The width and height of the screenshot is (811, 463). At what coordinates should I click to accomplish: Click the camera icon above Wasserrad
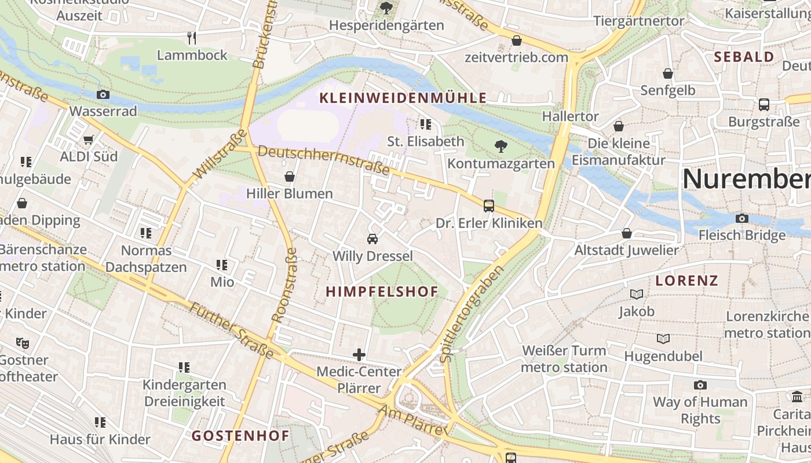pyautogui.click(x=103, y=94)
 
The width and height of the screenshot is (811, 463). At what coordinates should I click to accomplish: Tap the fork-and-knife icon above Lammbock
pyautogui.click(x=192, y=38)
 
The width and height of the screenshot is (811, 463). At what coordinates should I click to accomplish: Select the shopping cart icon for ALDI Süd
pyautogui.click(x=89, y=139)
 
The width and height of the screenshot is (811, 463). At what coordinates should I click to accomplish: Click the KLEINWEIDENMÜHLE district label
pyautogui.click(x=403, y=98)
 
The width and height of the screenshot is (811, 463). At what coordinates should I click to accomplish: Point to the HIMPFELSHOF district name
pyautogui.click(x=382, y=292)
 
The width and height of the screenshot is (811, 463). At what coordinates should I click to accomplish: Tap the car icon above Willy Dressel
pyautogui.click(x=372, y=238)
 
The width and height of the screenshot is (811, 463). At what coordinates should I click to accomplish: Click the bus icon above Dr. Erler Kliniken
pyautogui.click(x=489, y=205)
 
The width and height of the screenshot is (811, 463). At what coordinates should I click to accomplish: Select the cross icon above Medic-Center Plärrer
pyautogui.click(x=359, y=354)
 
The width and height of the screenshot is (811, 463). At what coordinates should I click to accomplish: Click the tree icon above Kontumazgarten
pyautogui.click(x=501, y=146)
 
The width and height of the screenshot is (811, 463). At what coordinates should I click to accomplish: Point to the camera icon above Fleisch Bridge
pyautogui.click(x=742, y=218)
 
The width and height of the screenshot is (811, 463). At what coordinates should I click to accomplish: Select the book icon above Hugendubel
pyautogui.click(x=663, y=339)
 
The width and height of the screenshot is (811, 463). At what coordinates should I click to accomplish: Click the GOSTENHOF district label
pyautogui.click(x=240, y=436)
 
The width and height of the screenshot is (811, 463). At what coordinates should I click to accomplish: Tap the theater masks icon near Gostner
pyautogui.click(x=23, y=343)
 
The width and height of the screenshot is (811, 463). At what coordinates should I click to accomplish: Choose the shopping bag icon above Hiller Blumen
pyautogui.click(x=289, y=177)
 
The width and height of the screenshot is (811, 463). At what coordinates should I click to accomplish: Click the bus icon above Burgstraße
pyautogui.click(x=764, y=105)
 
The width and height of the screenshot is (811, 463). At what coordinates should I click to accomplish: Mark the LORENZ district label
pyautogui.click(x=687, y=281)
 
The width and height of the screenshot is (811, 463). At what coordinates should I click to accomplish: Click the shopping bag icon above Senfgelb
pyautogui.click(x=668, y=74)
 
